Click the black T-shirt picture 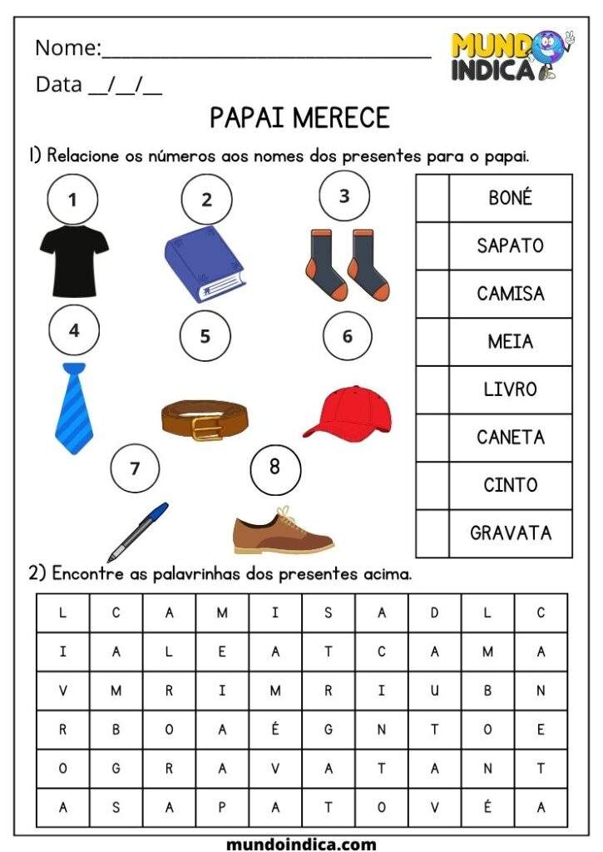(74, 261)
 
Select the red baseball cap (347, 413)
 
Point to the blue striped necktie (74, 408)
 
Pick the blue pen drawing (137, 532)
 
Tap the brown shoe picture (283, 531)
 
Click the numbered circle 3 (344, 196)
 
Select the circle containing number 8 (274, 468)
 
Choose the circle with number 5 (205, 336)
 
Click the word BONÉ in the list (510, 198)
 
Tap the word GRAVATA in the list (510, 532)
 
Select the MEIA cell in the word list (510, 341)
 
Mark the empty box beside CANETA (432, 437)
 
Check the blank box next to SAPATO (432, 245)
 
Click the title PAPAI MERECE (299, 118)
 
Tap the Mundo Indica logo (511, 56)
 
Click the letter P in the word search (222, 807)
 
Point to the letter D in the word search (434, 613)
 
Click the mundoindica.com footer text (301, 843)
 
